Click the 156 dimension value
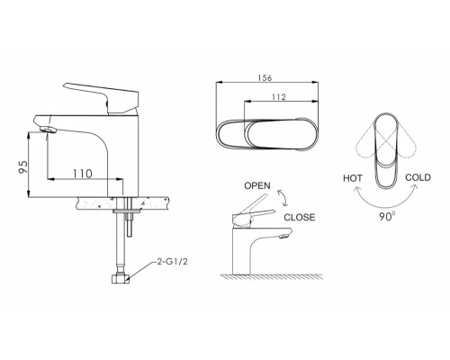265,77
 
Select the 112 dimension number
279,97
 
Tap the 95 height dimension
23,166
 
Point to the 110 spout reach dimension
83,174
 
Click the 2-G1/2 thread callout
172,262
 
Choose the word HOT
353,178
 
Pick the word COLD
418,177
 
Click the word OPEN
257,185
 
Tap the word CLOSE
300,217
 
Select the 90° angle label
387,216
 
